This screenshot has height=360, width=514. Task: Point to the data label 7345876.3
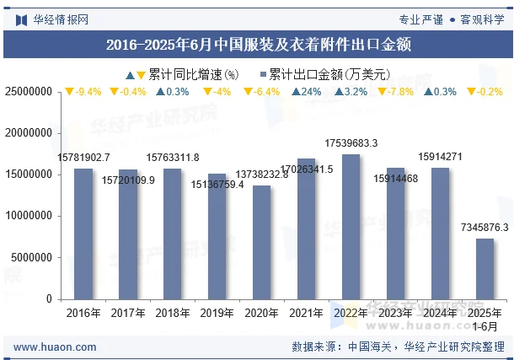click(x=485, y=228)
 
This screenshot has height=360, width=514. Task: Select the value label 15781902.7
click(x=83, y=158)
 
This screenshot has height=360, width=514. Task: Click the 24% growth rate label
click(x=307, y=92)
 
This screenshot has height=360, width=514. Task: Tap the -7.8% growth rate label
click(x=396, y=92)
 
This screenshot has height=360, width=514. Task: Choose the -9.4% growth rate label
click(x=83, y=92)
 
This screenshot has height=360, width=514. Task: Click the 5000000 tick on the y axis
click(x=31, y=258)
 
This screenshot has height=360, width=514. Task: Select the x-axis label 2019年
click(x=217, y=313)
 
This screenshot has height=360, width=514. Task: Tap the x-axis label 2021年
click(x=307, y=313)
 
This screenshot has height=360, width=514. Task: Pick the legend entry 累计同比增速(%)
click(x=187, y=73)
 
